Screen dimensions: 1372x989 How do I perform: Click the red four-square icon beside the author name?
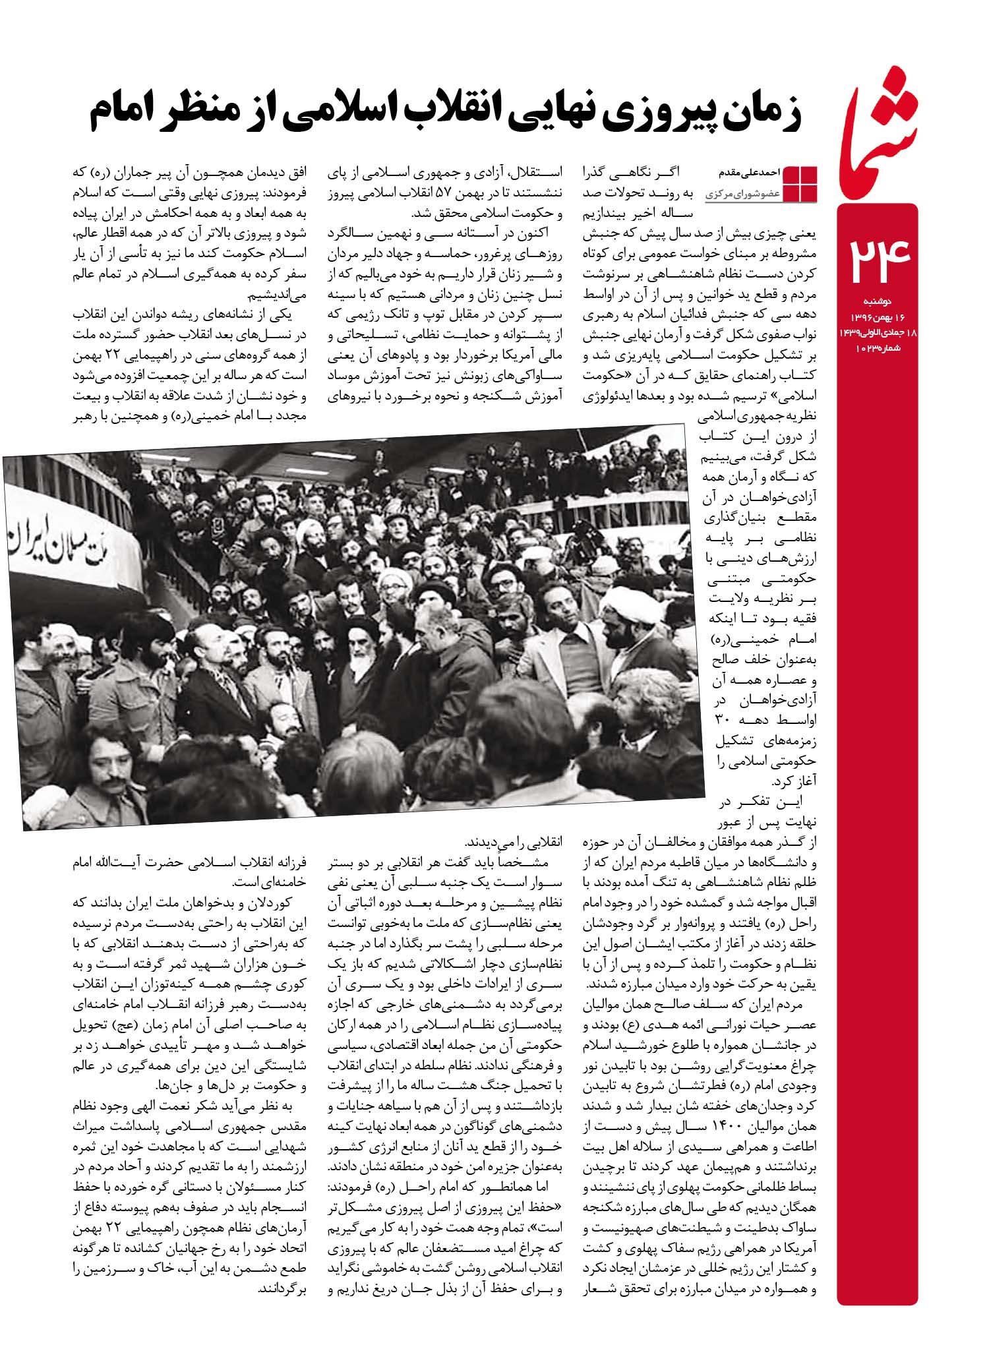(800, 184)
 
